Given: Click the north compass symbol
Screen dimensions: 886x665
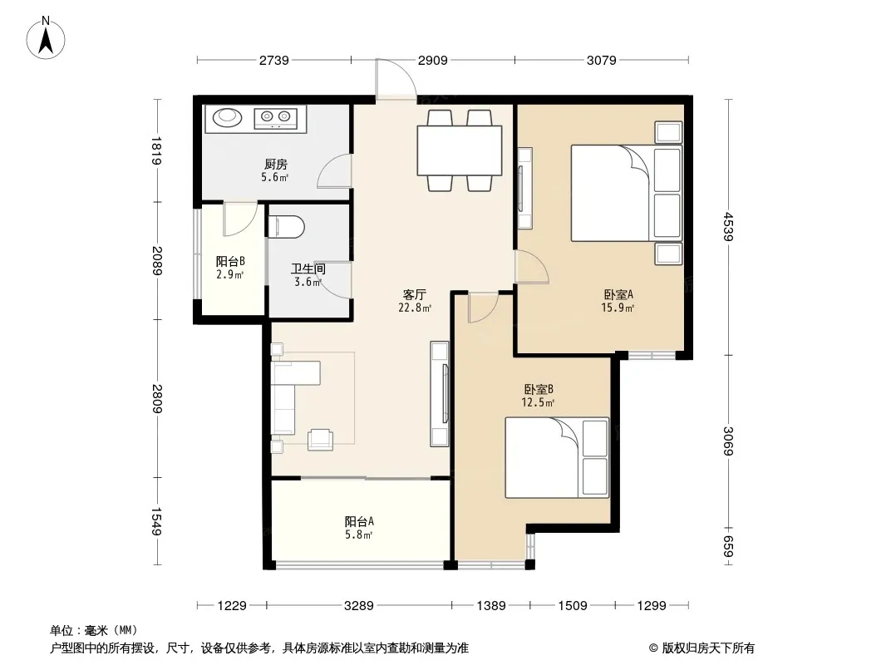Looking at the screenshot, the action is tap(46, 37).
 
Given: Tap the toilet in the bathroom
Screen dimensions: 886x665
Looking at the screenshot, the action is tap(287, 227).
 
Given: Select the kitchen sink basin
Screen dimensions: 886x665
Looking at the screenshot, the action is tap(227, 117).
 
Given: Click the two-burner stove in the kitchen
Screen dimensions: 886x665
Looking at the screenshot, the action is tap(275, 117).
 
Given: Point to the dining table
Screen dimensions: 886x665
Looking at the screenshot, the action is tap(460, 150).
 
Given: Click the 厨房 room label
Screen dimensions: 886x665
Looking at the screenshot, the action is tap(275, 165).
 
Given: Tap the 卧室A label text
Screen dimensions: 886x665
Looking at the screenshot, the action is tap(618, 294).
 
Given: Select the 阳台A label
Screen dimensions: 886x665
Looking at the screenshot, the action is tap(359, 521).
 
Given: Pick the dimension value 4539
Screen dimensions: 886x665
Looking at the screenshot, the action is tap(728, 227).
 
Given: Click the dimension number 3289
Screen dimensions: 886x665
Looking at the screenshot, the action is tap(359, 606).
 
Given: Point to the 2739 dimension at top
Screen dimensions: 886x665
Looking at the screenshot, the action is tap(274, 60).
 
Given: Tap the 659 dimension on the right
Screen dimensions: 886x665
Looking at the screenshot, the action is tap(728, 546).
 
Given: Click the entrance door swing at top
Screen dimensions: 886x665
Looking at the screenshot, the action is tap(396, 80).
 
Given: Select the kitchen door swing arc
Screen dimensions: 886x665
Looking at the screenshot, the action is tap(333, 171).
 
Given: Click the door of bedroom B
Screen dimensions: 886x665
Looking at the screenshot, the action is tap(484, 308).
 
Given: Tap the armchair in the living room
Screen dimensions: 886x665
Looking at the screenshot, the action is tap(320, 440).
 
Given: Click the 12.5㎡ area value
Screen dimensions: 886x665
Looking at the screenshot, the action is tap(538, 403).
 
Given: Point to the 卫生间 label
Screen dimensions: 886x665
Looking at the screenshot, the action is tap(308, 268).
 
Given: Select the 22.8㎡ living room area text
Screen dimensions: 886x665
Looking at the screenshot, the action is tap(415, 308).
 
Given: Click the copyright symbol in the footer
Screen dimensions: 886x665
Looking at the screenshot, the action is tap(653, 648).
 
